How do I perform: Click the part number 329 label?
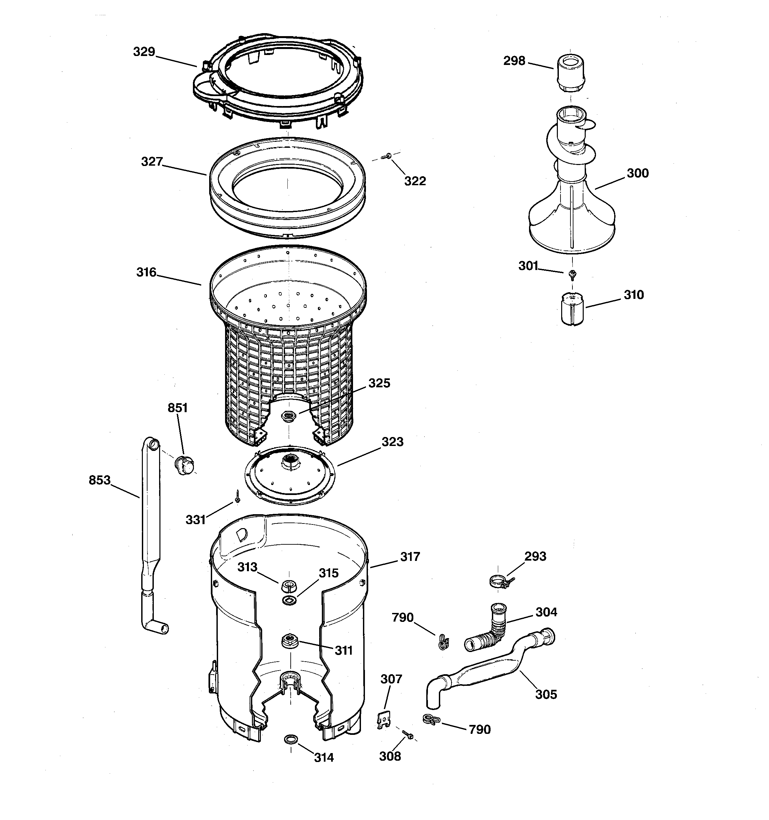144,52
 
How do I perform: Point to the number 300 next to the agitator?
637,173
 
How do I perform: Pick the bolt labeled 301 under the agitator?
572,274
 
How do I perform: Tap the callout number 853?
99,480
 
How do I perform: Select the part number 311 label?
343,650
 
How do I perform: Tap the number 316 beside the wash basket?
146,272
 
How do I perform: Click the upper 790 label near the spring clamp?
402,618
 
